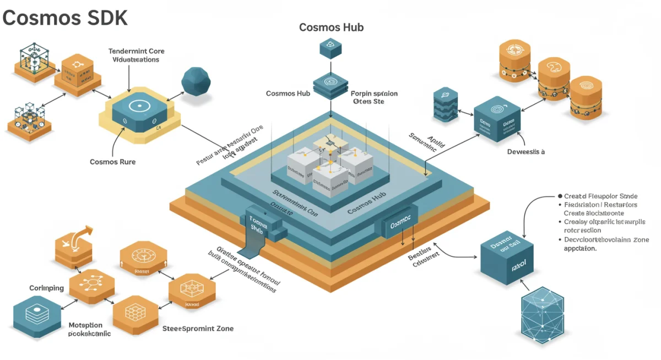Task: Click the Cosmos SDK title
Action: (64, 18)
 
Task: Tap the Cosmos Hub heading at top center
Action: (331, 27)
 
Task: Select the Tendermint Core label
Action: (136, 51)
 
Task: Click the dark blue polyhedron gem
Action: (196, 82)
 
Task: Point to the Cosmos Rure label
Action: (112, 162)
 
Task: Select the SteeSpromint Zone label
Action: (198, 329)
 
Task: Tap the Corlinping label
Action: (46, 288)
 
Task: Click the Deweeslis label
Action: (525, 152)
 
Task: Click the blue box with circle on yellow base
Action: (139, 111)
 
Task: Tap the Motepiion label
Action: (85, 325)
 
